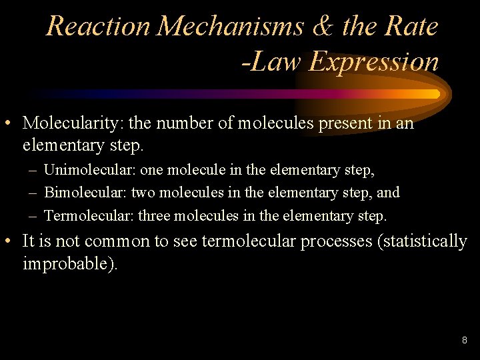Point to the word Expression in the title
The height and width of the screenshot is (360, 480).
375,62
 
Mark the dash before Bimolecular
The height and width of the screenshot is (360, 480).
33,193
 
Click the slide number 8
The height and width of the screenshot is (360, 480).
465,341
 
